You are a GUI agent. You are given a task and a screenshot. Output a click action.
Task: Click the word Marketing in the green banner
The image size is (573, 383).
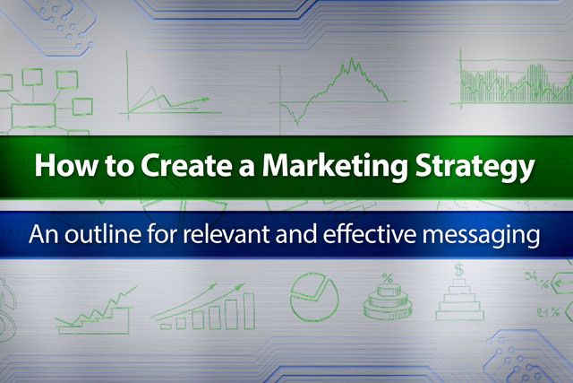click(x=334, y=167)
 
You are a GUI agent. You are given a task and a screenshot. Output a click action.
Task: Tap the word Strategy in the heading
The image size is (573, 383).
click(x=475, y=167)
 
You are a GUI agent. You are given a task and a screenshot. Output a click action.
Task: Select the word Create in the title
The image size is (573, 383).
click(x=186, y=166)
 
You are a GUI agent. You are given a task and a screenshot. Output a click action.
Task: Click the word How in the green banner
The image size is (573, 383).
click(x=66, y=166)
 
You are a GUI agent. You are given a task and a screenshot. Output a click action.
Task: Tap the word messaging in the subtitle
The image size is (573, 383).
click(x=482, y=236)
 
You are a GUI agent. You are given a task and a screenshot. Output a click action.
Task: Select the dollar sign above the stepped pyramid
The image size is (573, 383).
click(x=458, y=270)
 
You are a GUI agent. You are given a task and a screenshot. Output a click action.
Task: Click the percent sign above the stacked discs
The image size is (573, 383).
click(x=388, y=278)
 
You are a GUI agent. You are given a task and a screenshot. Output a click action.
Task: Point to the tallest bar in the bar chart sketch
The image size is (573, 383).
click(x=249, y=311)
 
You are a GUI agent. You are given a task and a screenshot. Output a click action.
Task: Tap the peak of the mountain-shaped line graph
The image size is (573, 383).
click(x=352, y=57)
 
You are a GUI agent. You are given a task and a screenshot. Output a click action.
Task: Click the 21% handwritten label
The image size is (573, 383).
click(x=548, y=312)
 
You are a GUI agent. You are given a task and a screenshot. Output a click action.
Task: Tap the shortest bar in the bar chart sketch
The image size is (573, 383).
click(x=166, y=326)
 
